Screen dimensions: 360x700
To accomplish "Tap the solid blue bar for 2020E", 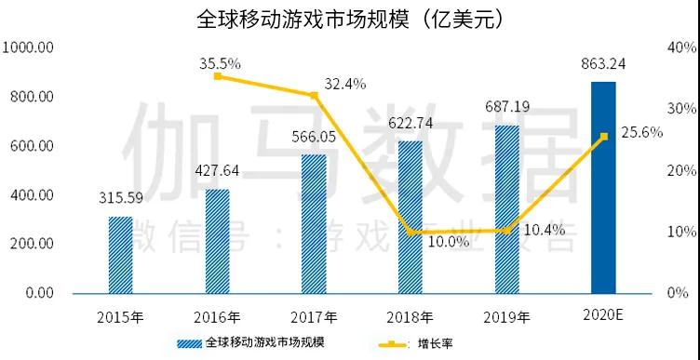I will (603, 187).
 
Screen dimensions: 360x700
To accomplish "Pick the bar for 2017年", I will (314, 223).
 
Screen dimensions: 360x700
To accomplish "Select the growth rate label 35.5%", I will (221, 62).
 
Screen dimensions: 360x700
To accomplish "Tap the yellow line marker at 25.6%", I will (603, 137).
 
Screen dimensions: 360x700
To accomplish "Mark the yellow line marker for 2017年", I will (314, 95).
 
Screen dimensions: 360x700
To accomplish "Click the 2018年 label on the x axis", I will (411, 314).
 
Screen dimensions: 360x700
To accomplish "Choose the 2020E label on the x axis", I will (603, 314).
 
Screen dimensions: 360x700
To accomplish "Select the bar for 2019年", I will (506, 208).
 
